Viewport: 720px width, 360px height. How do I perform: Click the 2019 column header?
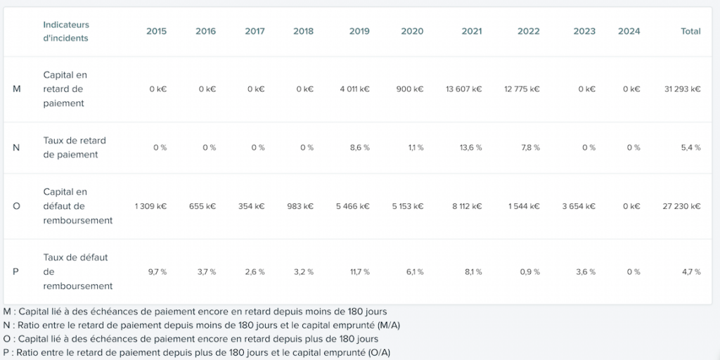coord(359,31)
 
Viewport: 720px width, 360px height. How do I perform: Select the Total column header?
coord(690,31)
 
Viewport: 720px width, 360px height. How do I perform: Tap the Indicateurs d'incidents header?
coord(66,31)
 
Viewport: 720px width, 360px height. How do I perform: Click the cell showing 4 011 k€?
coord(354,89)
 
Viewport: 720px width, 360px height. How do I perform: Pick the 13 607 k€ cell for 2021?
coord(464,89)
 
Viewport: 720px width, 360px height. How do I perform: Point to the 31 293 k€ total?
coord(682,89)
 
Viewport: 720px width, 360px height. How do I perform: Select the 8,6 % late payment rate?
coord(359,148)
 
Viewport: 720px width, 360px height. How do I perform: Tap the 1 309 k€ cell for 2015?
coord(150,206)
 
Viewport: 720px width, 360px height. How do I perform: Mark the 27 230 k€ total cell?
coord(681,206)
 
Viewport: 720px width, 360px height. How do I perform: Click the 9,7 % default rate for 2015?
coord(157,272)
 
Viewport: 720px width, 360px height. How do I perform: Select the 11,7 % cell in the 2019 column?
coord(359,272)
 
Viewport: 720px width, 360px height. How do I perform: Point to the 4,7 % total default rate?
coord(692,272)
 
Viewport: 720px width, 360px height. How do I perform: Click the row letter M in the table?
coord(17,89)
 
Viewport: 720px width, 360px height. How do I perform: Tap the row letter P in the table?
coord(15,272)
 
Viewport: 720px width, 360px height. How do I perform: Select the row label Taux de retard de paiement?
coord(75,148)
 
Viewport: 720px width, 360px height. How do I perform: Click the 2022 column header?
coord(529,31)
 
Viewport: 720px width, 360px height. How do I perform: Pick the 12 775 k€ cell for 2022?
coord(522,89)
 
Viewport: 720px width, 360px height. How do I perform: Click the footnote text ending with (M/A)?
coord(202,326)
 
